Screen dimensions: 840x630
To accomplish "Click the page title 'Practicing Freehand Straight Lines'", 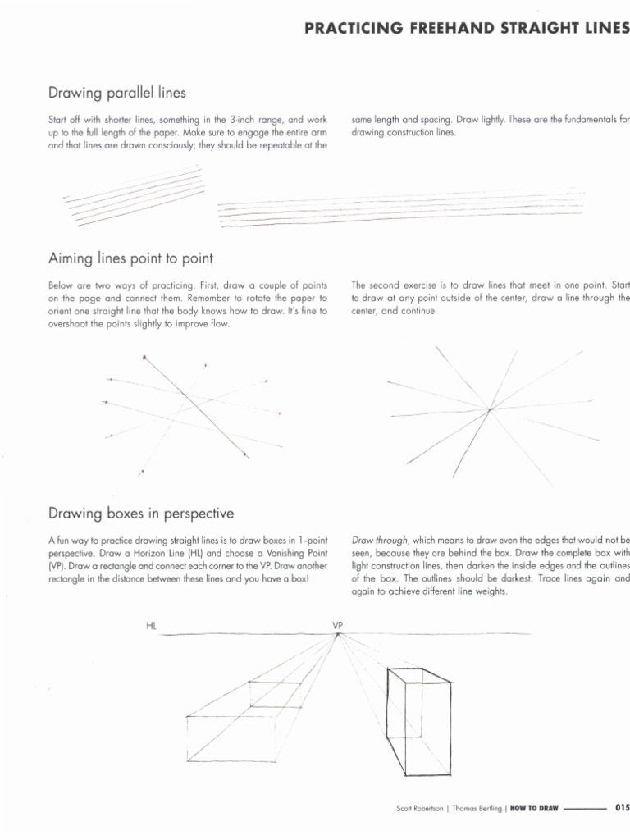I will point(467,29).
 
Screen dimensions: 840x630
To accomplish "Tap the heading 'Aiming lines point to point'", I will point(131,258).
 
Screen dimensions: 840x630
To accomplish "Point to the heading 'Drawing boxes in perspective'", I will point(141,514).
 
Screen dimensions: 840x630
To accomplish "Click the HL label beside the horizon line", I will point(152,626).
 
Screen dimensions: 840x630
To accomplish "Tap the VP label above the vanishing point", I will point(337,626).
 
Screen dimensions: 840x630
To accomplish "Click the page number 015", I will point(621,808).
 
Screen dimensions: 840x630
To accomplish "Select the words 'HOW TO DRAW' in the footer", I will point(533,808).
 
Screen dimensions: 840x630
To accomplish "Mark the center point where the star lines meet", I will point(489,409).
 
